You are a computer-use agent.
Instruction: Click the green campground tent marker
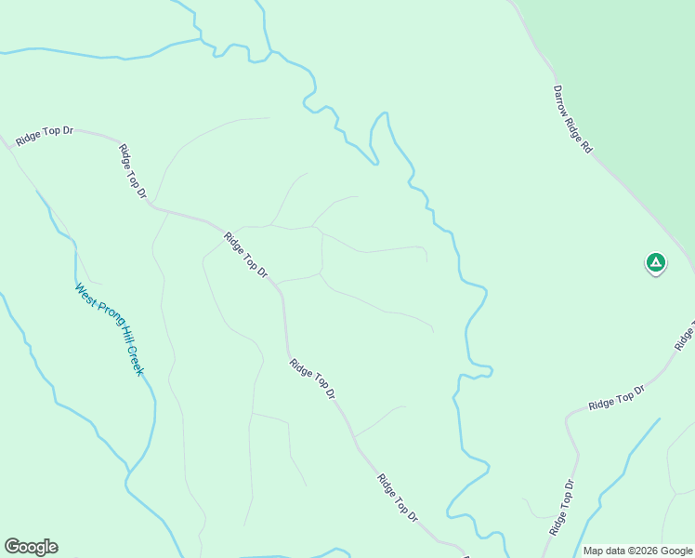656,263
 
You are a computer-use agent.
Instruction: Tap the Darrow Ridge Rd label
572,118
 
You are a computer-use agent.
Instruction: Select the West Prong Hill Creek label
111,329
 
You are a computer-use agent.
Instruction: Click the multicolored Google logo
31,547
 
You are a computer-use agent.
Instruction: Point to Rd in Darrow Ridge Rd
586,145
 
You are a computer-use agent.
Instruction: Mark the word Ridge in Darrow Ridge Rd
574,124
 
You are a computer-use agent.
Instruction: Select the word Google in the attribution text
674,551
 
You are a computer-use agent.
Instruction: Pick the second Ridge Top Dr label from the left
134,170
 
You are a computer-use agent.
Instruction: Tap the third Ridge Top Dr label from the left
245,255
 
